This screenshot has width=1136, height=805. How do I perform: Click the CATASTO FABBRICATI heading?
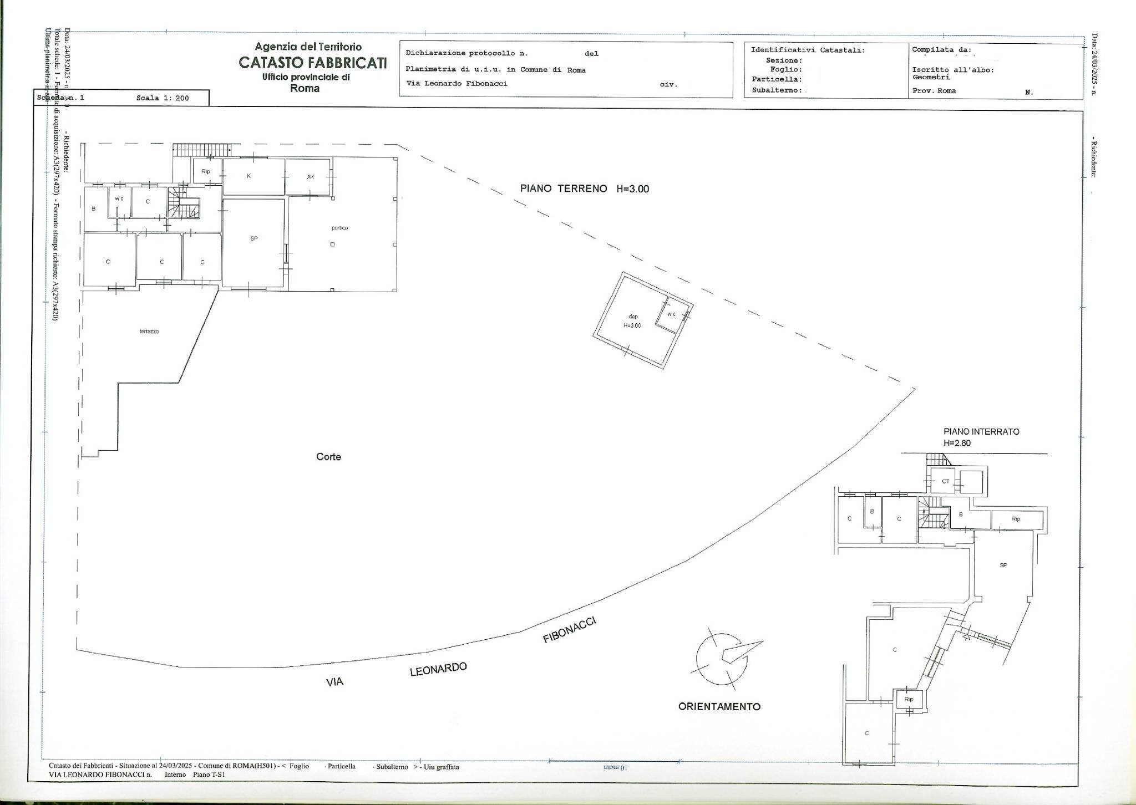312,63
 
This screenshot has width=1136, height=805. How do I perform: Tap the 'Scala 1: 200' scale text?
163,98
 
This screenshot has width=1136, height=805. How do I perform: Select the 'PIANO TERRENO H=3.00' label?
584,188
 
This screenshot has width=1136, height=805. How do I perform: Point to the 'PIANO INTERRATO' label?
981,431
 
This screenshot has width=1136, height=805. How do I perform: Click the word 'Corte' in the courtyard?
328,457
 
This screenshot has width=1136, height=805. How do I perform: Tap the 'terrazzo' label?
149,332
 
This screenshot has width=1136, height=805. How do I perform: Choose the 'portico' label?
339,228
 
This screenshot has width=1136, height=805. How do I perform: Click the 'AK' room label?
310,177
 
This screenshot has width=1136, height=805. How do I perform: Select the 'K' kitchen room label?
249,176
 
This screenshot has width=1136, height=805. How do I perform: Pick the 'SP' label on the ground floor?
254,238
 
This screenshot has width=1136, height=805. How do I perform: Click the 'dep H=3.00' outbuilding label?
633,321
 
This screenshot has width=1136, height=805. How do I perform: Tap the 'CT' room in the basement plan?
946,481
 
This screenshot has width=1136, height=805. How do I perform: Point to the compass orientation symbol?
722,658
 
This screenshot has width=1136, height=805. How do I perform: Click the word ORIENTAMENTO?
719,706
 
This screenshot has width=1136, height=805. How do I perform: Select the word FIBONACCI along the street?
569,630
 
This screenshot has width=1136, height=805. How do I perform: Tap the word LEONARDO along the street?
438,670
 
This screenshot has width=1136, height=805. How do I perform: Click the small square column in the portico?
332,244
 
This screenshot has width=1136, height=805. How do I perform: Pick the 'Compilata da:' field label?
941,50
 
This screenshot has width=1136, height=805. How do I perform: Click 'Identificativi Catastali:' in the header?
808,50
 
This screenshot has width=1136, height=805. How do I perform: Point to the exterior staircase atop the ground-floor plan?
201,149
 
